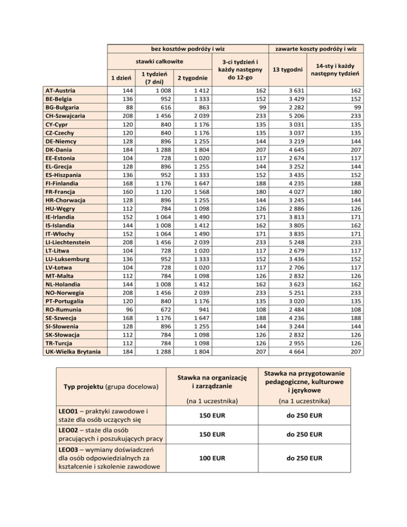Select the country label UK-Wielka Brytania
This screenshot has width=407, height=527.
pos(73,350)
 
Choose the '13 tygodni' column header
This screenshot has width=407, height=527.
pos(287,69)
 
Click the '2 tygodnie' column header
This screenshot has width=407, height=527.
pos(191,78)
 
